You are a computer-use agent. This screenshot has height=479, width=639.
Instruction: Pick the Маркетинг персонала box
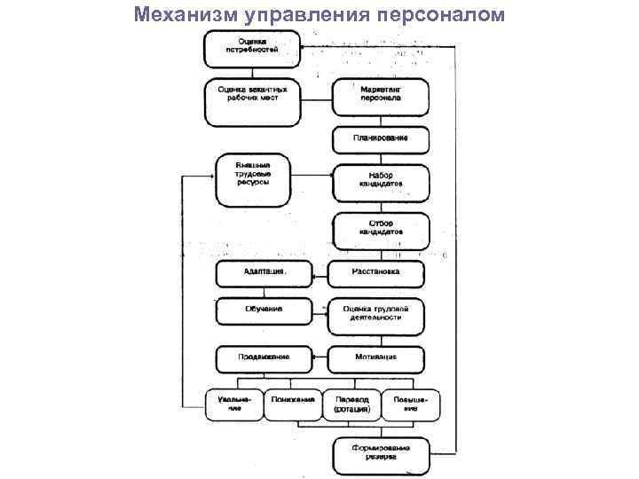coord(380,95)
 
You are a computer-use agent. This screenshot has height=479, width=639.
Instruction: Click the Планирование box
coord(380,139)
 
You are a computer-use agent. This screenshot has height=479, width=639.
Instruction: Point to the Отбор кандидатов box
coord(380,228)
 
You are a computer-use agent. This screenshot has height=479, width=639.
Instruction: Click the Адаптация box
coord(264,271)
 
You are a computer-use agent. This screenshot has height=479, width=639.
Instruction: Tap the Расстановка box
coord(375,271)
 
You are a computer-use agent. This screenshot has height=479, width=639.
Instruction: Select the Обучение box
coord(264,310)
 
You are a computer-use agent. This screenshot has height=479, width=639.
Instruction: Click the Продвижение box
coord(264,357)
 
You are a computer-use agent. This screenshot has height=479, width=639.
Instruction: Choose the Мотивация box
coord(375,357)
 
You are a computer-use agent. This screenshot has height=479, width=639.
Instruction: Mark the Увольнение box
coord(235,404)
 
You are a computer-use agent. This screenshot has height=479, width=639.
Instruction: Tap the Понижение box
coord(293,404)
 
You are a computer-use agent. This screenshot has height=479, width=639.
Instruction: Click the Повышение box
coord(410,404)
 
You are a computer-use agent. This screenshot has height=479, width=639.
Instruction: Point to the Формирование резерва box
coord(379,454)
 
